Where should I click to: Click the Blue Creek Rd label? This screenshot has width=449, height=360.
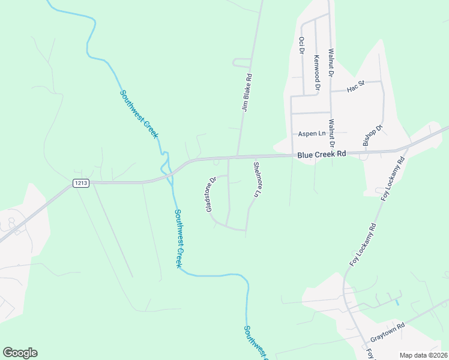click(x=322, y=154)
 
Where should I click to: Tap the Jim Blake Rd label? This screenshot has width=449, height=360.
click(x=246, y=93)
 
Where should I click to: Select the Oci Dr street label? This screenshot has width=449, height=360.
click(x=301, y=44)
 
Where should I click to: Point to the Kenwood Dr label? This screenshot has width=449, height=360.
click(x=316, y=73)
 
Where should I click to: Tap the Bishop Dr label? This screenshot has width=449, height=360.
click(x=372, y=136)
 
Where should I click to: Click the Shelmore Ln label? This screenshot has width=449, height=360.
click(x=257, y=180)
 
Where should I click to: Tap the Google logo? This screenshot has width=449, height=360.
click(x=20, y=353)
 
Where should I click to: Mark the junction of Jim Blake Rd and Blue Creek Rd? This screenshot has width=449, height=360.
click(x=238, y=157)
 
